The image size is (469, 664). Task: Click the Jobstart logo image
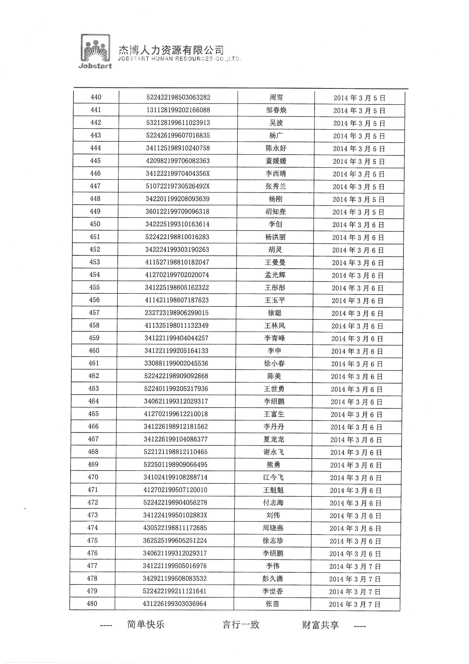tap(95, 51)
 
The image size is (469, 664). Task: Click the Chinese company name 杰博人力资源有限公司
tap(171, 50)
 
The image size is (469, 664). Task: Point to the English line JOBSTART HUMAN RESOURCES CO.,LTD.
tap(179, 59)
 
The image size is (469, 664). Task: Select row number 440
tap(96, 97)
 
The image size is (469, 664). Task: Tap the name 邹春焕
tap(276, 110)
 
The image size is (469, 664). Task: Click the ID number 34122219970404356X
tap(178, 174)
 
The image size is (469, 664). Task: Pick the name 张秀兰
tap(276, 186)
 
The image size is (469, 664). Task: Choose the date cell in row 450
tap(358, 225)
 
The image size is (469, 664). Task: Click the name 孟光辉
tap(275, 275)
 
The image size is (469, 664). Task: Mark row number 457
tap(94, 313)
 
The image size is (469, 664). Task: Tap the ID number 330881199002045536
tap(176, 363)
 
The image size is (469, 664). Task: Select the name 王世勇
tap(274, 389)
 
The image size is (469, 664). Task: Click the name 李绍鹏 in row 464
tap(274, 401)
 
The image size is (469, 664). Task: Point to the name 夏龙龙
tap(274, 439)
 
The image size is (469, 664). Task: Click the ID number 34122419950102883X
tap(175, 515)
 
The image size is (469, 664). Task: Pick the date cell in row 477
tap(355, 566)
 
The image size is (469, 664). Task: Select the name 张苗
tap(272, 604)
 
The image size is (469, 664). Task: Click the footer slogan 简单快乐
tap(146, 624)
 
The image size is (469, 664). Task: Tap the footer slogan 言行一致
tap(241, 624)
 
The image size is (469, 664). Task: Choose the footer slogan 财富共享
tap(320, 625)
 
